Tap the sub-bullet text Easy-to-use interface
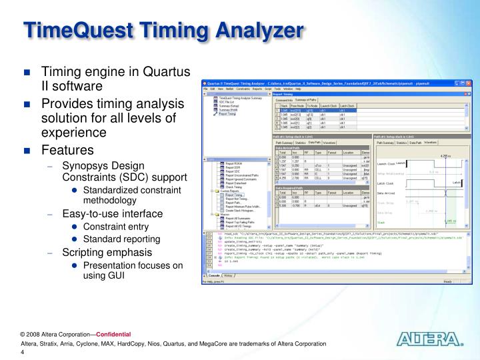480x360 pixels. click(x=113, y=213)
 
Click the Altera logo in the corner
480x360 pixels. click(x=429, y=340)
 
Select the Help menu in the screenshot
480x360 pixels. click(x=307, y=89)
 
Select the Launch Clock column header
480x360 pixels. click(x=329, y=105)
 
